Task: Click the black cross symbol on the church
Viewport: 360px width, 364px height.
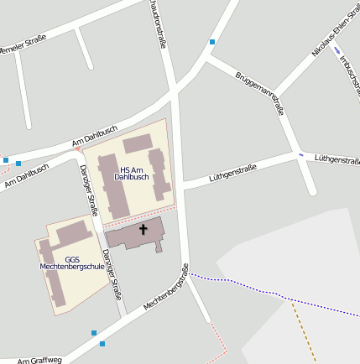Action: [x=143, y=228]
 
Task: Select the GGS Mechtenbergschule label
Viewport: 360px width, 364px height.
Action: [x=72, y=263]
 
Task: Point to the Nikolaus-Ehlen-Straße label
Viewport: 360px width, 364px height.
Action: [x=330, y=39]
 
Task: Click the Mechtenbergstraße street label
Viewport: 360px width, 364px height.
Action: [x=166, y=286]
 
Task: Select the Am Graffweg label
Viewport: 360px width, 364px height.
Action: [x=39, y=358]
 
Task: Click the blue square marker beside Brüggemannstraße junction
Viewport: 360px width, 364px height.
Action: [x=212, y=42]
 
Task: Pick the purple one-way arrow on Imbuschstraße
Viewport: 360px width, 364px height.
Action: [x=337, y=51]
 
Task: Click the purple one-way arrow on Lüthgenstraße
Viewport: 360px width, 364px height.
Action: [x=300, y=155]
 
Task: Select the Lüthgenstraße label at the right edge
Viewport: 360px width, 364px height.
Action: [x=337, y=158]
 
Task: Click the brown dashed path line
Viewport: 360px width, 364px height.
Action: [x=304, y=331]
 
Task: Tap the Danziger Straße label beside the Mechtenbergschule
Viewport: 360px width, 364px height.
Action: [x=112, y=275]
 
